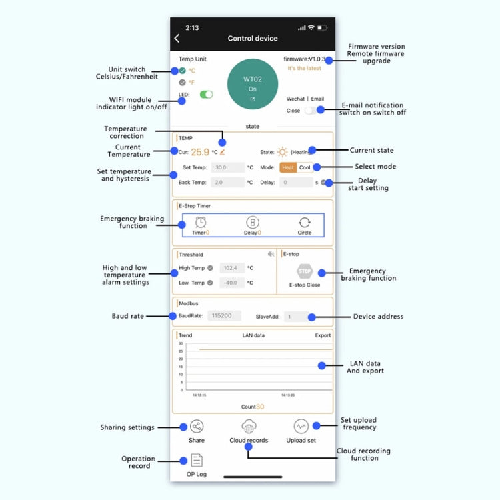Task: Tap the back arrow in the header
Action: [x=177, y=39]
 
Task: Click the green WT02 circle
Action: [x=252, y=85]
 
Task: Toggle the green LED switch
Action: [x=207, y=95]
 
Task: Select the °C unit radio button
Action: [x=183, y=70]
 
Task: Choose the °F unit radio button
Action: [x=183, y=83]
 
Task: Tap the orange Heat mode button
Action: [x=287, y=167]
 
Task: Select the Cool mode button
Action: [x=305, y=167]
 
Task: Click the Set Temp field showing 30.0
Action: [x=227, y=168]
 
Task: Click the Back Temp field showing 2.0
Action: [x=227, y=182]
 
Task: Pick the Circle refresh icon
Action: [x=305, y=223]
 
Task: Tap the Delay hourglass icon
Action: [x=252, y=223]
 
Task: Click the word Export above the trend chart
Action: [x=323, y=335]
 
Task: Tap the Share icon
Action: [x=197, y=427]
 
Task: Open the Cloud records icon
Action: [x=249, y=427]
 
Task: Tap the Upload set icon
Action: [x=301, y=427]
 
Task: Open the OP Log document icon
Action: [x=197, y=460]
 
